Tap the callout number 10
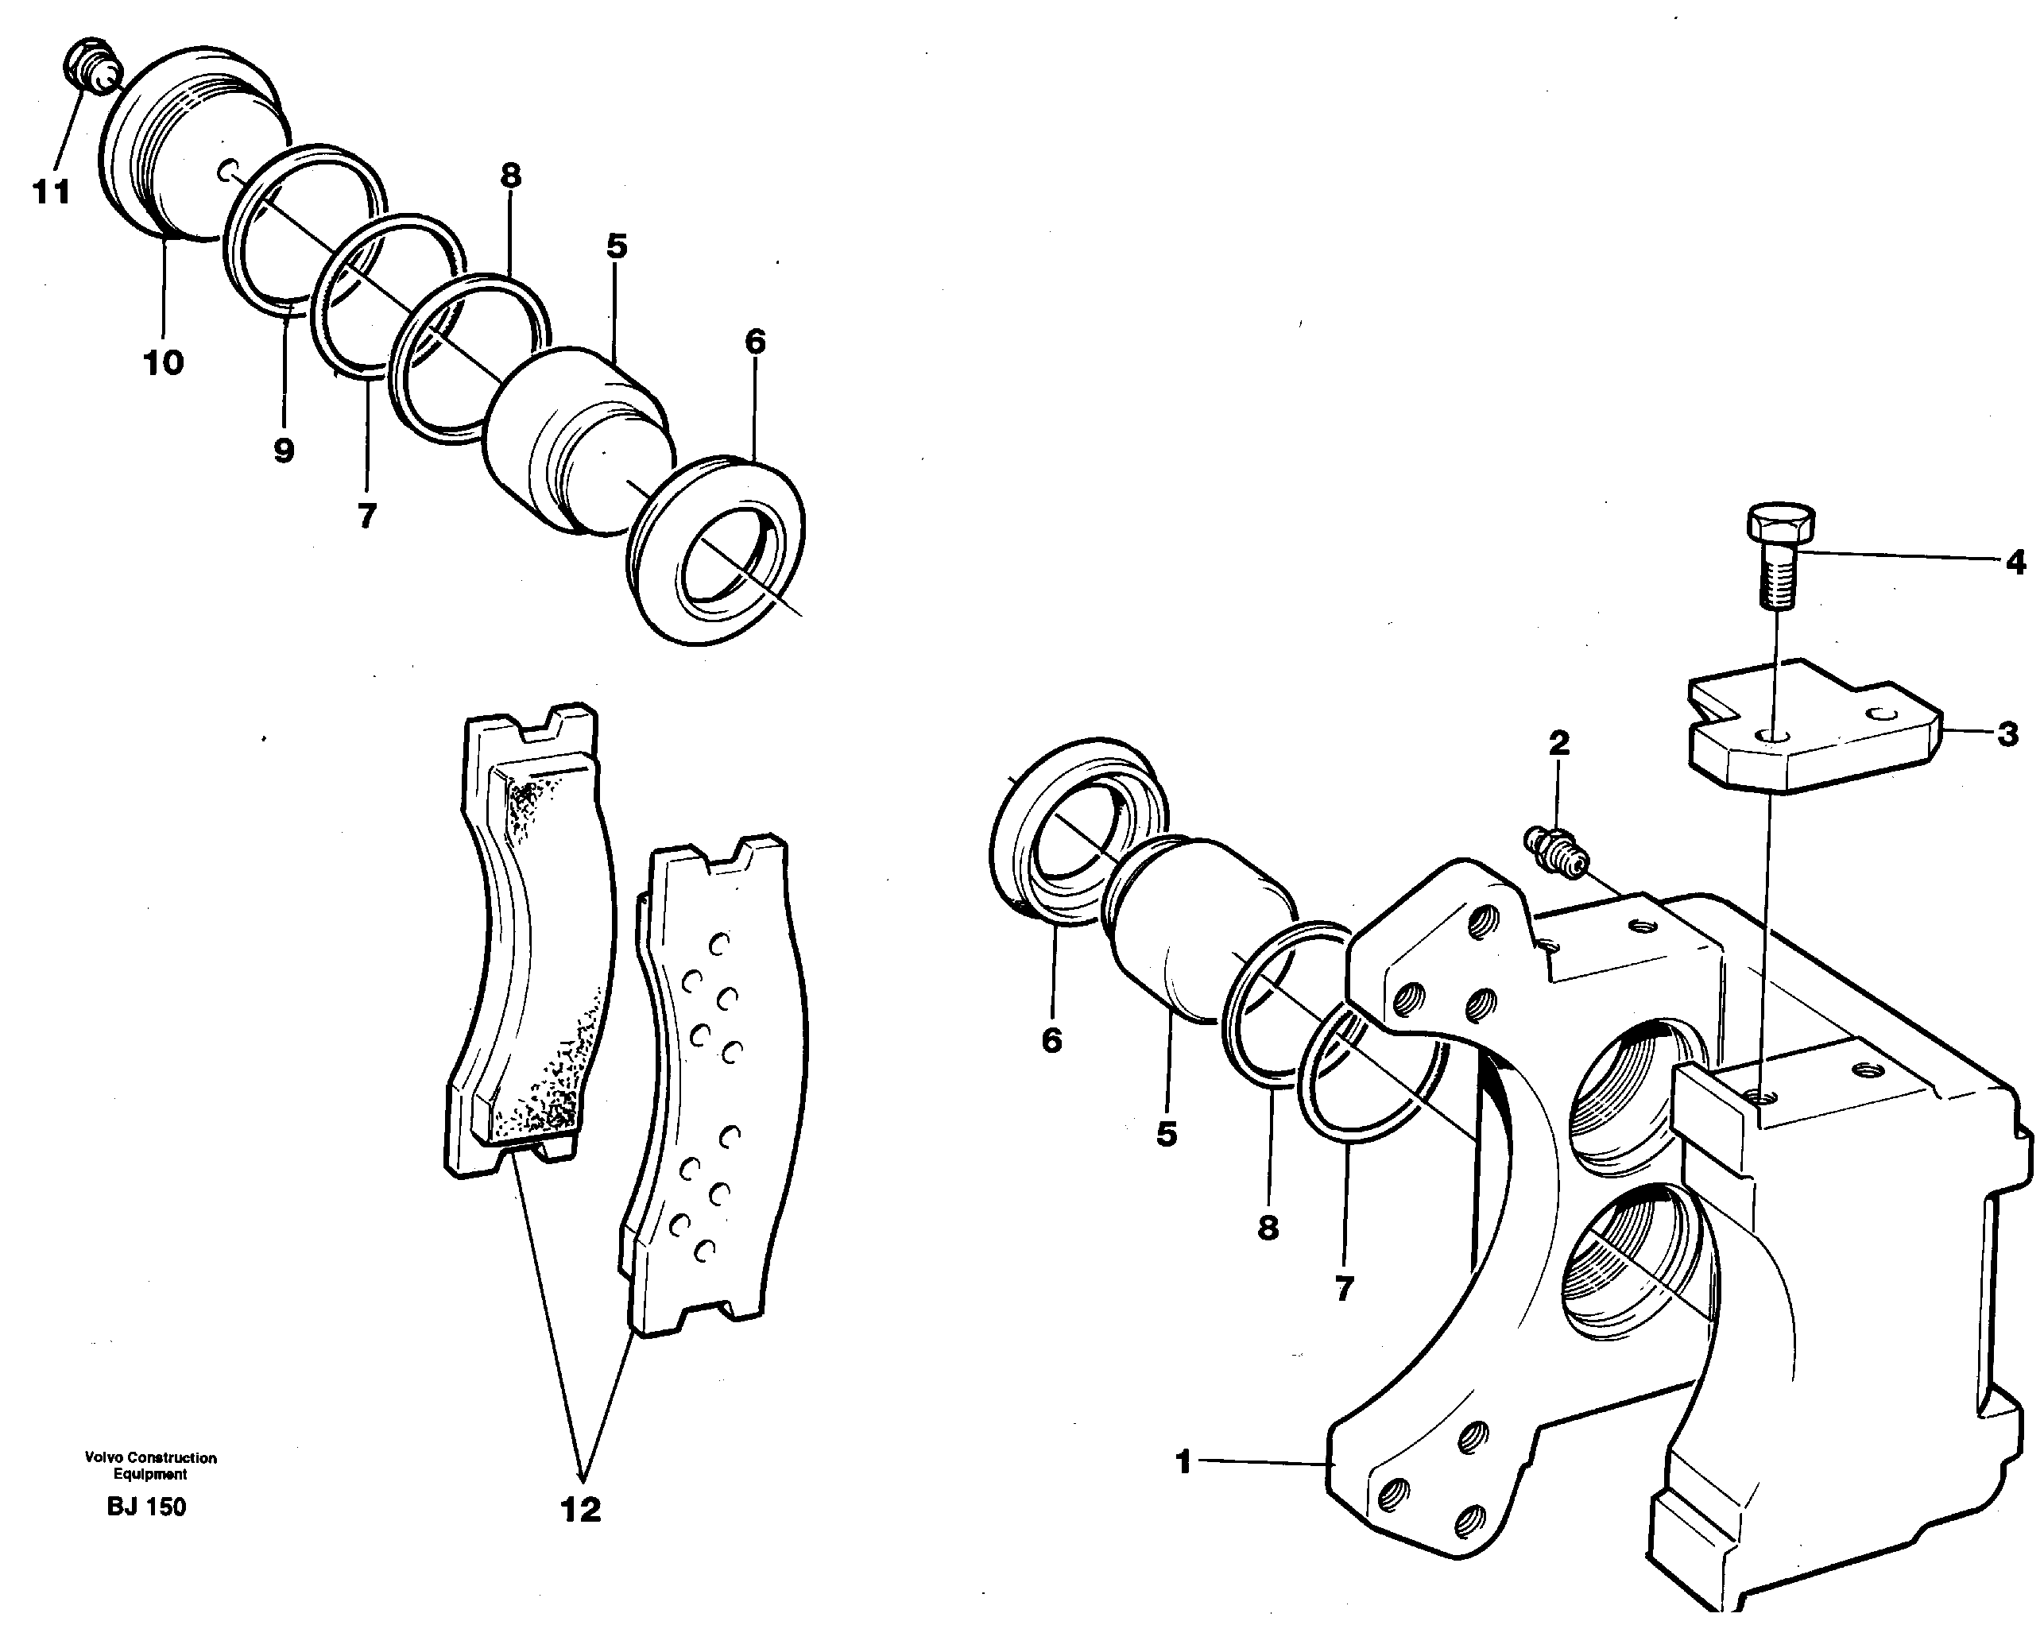pos(163,362)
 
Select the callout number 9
pos(284,451)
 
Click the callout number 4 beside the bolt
pos(2015,563)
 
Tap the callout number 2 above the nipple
pos(1559,742)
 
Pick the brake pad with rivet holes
pos(716,1081)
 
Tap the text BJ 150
pos(147,1507)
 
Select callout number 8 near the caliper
pos(1268,1228)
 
